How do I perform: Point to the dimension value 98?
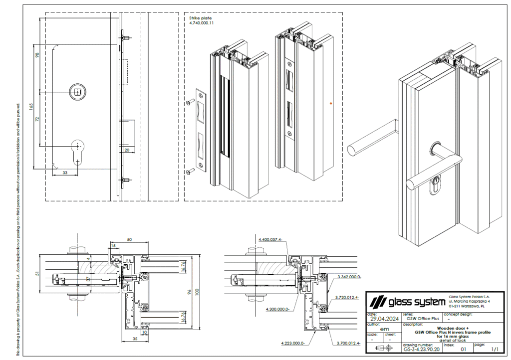pyautogui.click(x=37, y=55)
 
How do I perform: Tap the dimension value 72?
pyautogui.click(x=37, y=119)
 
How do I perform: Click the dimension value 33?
pyautogui.click(x=65, y=173)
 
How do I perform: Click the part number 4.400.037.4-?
pyautogui.click(x=270, y=240)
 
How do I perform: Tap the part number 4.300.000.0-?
pyautogui.click(x=277, y=309)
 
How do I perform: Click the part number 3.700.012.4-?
pyautogui.click(x=348, y=344)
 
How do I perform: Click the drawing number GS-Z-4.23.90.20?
pyautogui.click(x=422, y=350)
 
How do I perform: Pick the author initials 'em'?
pyautogui.click(x=385, y=329)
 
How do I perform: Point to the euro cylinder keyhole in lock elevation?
pyautogui.click(x=78, y=150)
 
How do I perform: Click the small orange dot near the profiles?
pyautogui.click(x=330, y=103)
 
